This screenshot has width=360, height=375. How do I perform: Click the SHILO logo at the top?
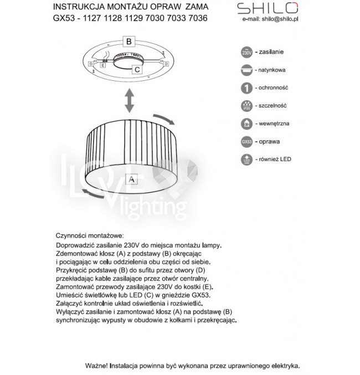pos(268,8)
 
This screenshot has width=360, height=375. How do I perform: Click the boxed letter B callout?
pos(128,42)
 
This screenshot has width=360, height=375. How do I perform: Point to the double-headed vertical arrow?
pos(128,101)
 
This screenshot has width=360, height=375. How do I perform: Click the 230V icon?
pos(247,53)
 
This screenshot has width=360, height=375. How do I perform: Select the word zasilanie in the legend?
pos(271,52)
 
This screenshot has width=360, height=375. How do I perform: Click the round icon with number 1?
pos(247,88)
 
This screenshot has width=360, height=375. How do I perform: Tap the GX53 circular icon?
pos(247,141)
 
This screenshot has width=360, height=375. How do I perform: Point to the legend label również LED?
pos(275,159)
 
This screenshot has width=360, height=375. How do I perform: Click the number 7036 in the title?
pos(197,18)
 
